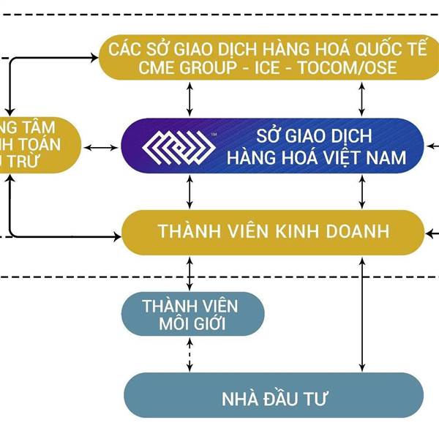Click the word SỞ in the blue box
pyautogui.click(x=268, y=136)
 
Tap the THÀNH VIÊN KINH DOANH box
pyautogui.click(x=272, y=232)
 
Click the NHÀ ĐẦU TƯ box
pyautogui.click(x=274, y=399)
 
